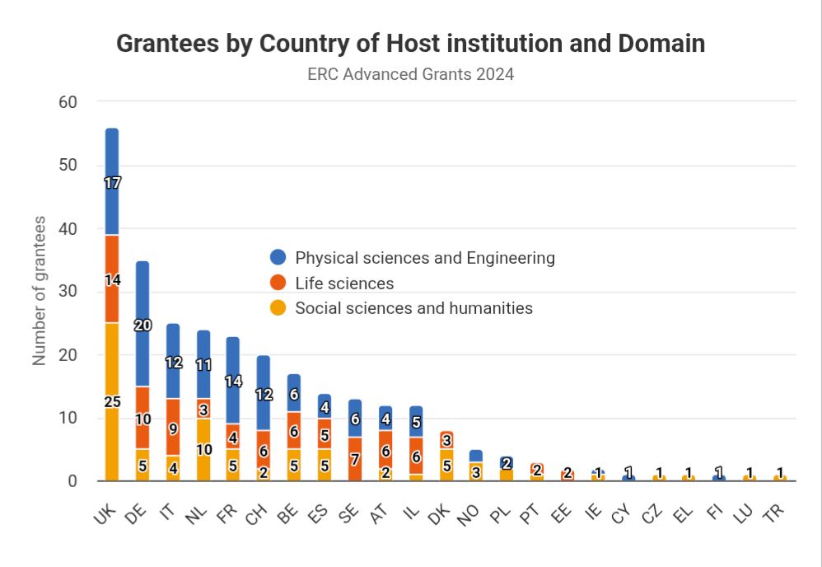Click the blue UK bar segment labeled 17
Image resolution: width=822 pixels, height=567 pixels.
tap(112, 182)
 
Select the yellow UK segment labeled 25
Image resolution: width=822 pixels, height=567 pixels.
tap(112, 401)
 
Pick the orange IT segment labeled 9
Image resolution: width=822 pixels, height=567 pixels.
tap(173, 429)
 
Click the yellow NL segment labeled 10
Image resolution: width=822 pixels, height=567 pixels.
tap(203, 450)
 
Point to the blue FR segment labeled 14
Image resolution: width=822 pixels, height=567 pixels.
tap(234, 381)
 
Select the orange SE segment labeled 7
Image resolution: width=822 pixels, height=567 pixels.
tap(355, 459)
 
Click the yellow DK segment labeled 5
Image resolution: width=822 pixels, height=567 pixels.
tap(446, 466)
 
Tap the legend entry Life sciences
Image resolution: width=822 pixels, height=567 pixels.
tap(344, 283)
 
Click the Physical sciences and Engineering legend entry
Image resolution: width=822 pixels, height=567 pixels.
tap(424, 258)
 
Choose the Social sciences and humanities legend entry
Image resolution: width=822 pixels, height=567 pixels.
tap(413, 308)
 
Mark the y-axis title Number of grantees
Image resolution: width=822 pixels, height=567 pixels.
tap(39, 291)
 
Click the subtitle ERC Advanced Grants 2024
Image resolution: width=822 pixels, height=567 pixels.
tap(410, 74)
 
